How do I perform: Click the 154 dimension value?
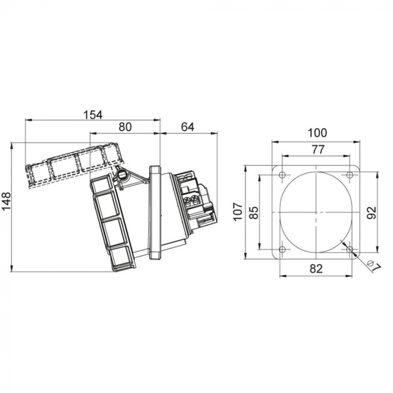click(93, 115)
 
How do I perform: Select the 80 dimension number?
click(125, 127)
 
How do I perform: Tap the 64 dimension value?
click(188, 127)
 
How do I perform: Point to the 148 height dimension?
click(6, 201)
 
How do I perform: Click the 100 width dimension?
click(317, 133)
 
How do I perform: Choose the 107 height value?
click(238, 211)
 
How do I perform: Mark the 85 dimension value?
click(254, 213)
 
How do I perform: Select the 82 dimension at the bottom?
click(316, 269)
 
